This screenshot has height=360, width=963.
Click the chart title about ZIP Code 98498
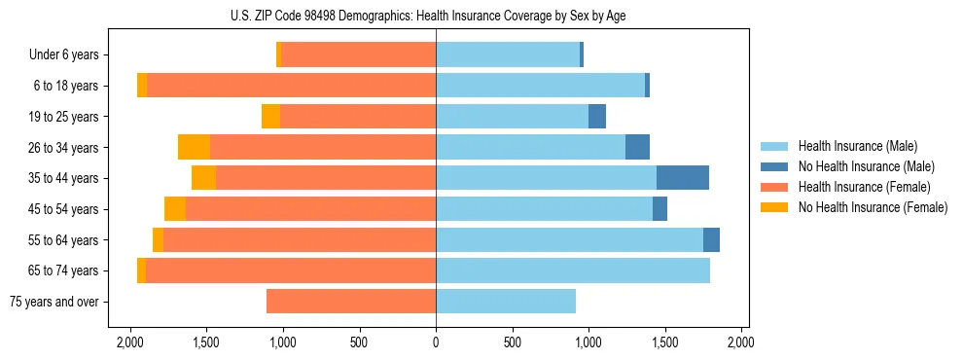tap(435, 16)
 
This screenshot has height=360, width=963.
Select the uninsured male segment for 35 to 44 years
tap(683, 178)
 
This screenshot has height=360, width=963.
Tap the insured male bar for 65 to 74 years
tap(573, 270)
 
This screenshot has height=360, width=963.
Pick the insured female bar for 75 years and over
tap(351, 302)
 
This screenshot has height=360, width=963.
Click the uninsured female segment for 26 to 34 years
tap(195, 147)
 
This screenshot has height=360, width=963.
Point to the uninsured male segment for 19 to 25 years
tap(597, 117)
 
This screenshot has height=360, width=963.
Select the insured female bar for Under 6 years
tap(359, 55)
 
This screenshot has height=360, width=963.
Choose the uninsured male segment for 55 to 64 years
tap(711, 239)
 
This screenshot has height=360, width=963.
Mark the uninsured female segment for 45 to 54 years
tap(175, 209)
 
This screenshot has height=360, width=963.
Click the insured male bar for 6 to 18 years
tap(540, 86)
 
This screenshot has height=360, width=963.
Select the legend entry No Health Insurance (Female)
tap(873, 207)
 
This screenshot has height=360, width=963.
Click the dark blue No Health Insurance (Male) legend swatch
tap(774, 166)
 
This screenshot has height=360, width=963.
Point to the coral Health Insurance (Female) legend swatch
tap(774, 187)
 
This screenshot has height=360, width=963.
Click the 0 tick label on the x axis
tap(436, 342)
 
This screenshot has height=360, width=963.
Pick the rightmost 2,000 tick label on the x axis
tap(741, 342)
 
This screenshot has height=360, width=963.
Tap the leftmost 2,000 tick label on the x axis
tap(130, 342)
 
